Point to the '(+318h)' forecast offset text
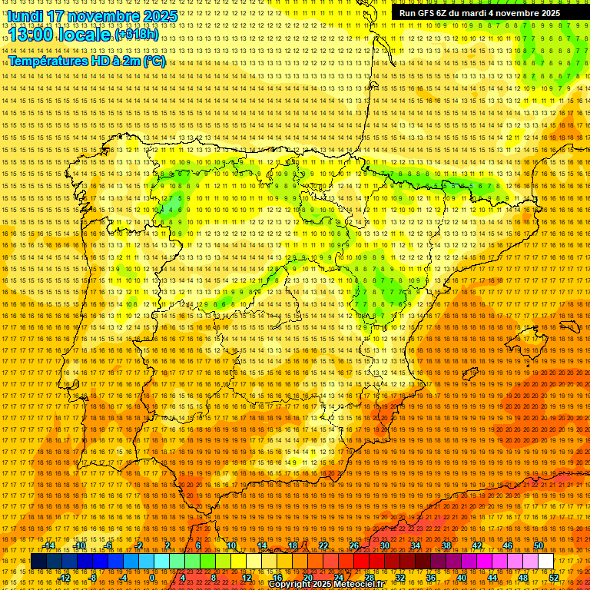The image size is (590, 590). click(138, 35)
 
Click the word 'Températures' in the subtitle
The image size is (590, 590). click(45, 61)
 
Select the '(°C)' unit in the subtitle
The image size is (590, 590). click(154, 61)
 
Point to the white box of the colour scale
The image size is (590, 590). click(546, 562)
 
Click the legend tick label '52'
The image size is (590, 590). click(554, 578)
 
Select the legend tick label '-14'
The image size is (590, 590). click(50, 545)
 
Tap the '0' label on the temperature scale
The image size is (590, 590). click(152, 578)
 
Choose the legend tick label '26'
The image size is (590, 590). click(354, 545)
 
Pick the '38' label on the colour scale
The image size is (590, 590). click(446, 545)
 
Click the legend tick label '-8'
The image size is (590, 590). click(92, 578)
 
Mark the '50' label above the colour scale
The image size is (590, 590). click(539, 545)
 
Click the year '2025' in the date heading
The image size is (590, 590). click(154, 16)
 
